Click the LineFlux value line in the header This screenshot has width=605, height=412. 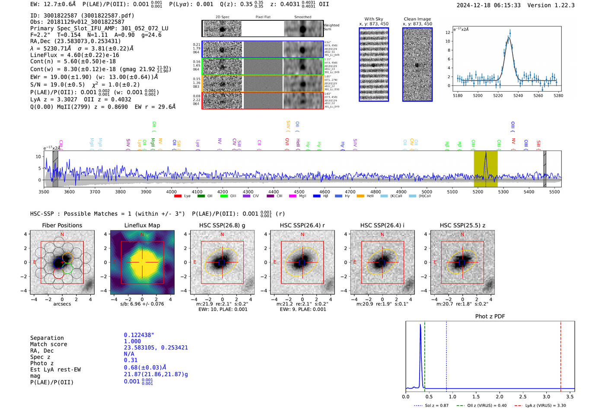click(74, 55)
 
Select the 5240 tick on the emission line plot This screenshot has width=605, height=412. click(518, 96)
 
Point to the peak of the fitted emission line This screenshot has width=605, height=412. click(509, 38)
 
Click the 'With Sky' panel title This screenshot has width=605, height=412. click(373, 19)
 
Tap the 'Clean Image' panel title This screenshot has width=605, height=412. click(417, 19)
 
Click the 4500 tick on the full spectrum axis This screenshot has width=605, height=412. click(299, 192)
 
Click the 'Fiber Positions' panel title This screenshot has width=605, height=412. click(62, 225)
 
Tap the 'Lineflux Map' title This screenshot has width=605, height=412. click(142, 225)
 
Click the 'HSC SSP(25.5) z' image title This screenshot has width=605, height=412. click(462, 225)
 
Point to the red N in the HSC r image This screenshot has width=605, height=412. click(302, 234)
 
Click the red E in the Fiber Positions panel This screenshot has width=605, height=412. click(35, 262)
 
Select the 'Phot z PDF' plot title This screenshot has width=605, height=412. click(490, 316)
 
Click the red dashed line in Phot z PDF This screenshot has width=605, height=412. click(560, 355)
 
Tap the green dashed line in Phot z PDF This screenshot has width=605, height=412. click(425, 355)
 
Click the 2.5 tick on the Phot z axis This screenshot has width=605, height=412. click(523, 396)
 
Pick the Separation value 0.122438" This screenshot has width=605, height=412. click(139, 335)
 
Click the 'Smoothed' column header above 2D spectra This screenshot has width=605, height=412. click(302, 17)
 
